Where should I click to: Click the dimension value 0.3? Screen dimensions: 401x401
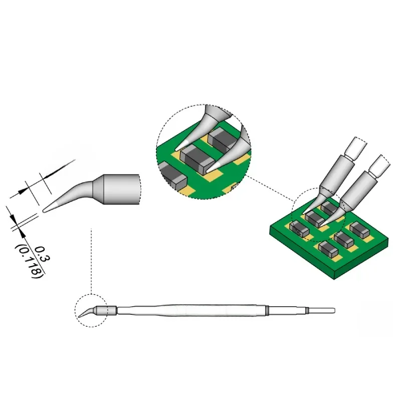tap(42, 254)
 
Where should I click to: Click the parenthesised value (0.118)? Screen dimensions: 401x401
tap(30, 261)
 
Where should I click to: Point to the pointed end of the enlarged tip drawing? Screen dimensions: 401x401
tap(44, 211)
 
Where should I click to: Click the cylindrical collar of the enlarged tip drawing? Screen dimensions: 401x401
tap(122, 189)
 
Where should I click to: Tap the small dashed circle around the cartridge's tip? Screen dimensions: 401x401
tap(91, 294)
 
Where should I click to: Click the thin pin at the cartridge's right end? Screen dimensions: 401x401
tap(322, 310)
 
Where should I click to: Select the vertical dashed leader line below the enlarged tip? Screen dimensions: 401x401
tap(91, 261)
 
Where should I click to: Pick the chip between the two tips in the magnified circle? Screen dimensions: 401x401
tap(197, 158)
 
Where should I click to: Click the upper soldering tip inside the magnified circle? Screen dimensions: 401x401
tap(205, 128)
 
